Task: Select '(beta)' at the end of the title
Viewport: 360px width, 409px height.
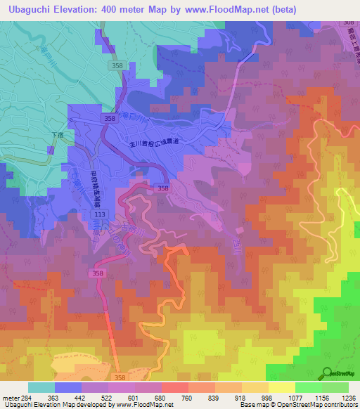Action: point(280,9)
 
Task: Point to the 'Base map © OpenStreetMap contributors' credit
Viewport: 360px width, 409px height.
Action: point(297,405)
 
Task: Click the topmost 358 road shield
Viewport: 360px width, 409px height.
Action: point(118,65)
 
